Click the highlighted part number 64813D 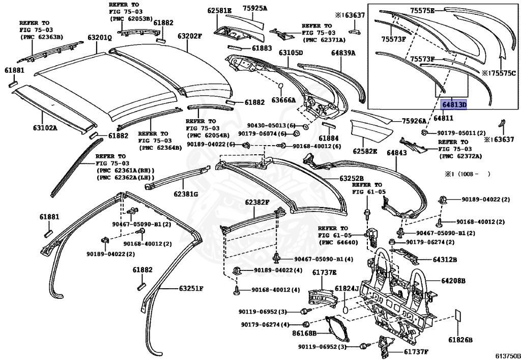click(453, 105)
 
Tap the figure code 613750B click(507, 356)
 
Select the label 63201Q click(100, 38)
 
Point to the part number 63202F click(189, 36)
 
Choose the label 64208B click(453, 281)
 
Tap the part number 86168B click(304, 334)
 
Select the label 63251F click(191, 288)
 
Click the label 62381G click(186, 193)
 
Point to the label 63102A click(45, 127)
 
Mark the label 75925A click(254, 8)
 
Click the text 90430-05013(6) click(271, 125)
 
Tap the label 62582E click(365, 151)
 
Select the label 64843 click(396, 153)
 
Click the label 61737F click(416, 351)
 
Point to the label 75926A click(414, 121)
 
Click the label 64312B click(445, 260)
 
